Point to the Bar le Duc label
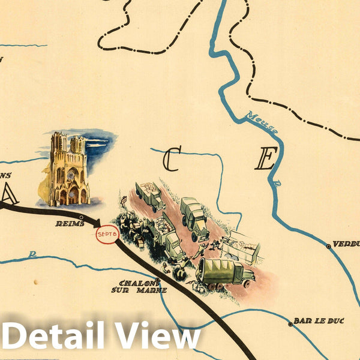tap(320, 321)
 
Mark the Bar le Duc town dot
tap(290, 324)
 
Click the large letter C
tap(172, 160)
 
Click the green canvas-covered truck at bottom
tap(223, 271)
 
